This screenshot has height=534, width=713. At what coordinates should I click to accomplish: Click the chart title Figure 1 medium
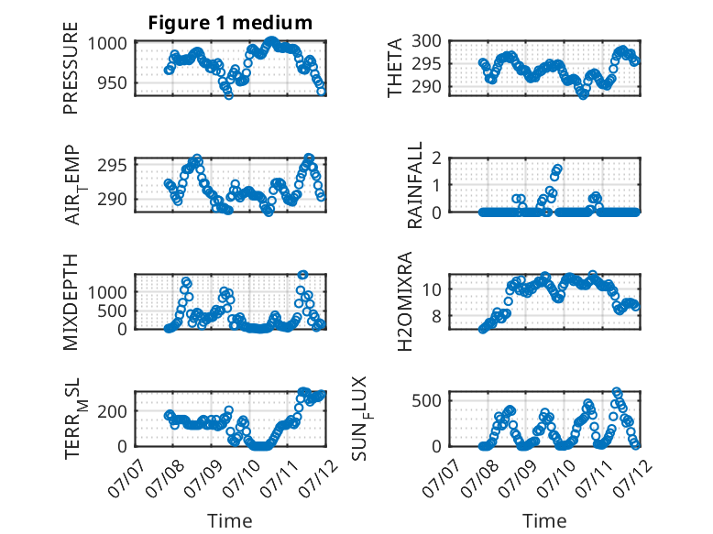pyautogui.click(x=230, y=23)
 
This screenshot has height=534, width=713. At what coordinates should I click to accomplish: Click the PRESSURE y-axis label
pyautogui.click(x=71, y=68)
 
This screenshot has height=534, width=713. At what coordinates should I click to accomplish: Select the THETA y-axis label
pyautogui.click(x=395, y=68)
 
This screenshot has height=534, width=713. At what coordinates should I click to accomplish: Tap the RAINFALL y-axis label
pyautogui.click(x=415, y=185)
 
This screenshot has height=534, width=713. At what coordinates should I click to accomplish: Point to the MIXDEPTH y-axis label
pyautogui.click(x=71, y=301)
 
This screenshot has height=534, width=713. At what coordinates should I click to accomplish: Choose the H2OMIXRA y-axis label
pyautogui.click(x=404, y=301)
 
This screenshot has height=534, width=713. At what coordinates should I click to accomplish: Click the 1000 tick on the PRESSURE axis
pyautogui.click(x=107, y=44)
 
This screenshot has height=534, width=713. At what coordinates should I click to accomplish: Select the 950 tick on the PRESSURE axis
pyautogui.click(x=112, y=83)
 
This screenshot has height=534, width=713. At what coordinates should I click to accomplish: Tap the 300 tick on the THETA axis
pyautogui.click(x=426, y=41)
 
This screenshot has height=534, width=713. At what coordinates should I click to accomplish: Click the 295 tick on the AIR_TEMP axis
pyautogui.click(x=112, y=166)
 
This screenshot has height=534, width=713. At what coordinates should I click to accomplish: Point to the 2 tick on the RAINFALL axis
pyautogui.click(x=436, y=158)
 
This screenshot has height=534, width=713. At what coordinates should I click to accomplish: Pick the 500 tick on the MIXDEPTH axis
pyautogui.click(x=112, y=311)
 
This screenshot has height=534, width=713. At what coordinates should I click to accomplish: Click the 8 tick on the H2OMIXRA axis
pyautogui.click(x=436, y=316)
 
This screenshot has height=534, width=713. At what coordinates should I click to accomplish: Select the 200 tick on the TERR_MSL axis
pyautogui.click(x=112, y=411)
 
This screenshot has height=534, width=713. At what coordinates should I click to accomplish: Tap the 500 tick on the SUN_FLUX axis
pyautogui.click(x=426, y=401)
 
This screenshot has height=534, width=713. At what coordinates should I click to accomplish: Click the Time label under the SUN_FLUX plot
pyautogui.click(x=544, y=520)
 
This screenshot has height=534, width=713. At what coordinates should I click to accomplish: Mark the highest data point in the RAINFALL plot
pyautogui.click(x=558, y=169)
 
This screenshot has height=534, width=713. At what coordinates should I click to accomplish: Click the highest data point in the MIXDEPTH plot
pyautogui.click(x=302, y=275)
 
